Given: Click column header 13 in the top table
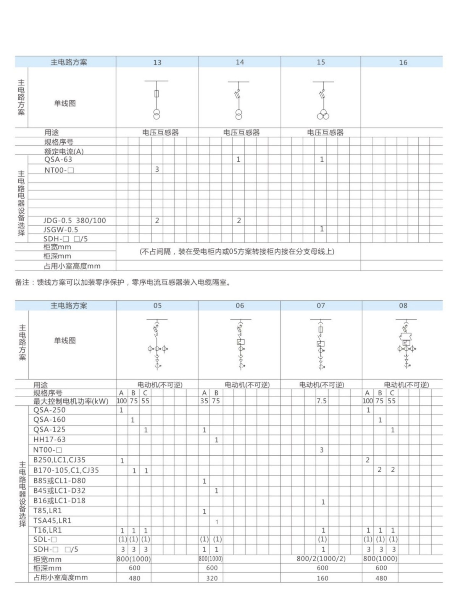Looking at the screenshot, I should (x=157, y=62).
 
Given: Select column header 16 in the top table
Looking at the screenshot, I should (x=403, y=62).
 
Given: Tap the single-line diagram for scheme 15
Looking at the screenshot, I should (x=323, y=100).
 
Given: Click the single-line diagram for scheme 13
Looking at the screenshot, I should (x=156, y=100).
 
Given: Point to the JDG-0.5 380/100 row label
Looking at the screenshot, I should (x=74, y=221).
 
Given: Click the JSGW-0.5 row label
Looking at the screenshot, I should (x=61, y=230).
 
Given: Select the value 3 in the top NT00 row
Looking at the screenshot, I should (x=157, y=169).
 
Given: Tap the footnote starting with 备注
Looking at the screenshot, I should (x=123, y=283).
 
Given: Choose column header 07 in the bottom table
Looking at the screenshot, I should (x=321, y=306).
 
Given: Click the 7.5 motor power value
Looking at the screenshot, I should (x=321, y=401).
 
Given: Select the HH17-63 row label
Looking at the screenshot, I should (x=50, y=440).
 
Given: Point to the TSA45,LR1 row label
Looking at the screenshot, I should (x=52, y=521).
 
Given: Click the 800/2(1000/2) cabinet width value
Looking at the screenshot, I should (x=321, y=559).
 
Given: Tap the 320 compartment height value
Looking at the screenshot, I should (x=212, y=578).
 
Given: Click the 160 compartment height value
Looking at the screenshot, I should (x=323, y=578).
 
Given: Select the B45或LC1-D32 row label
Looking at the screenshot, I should (x=59, y=491).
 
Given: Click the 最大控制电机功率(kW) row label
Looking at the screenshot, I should (x=71, y=401).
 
